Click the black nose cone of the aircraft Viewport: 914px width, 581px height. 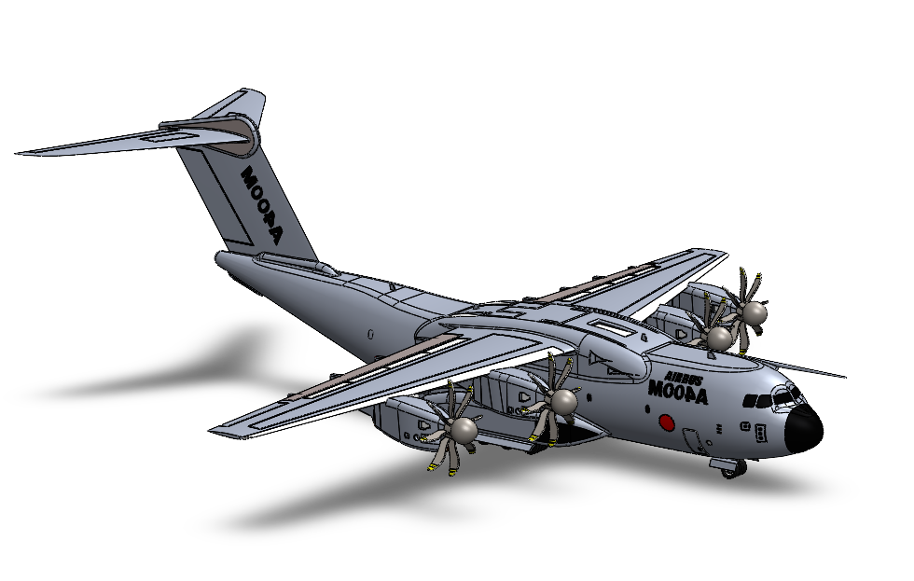803,430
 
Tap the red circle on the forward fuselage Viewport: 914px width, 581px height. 667,422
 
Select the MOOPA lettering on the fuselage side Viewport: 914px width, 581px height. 678,393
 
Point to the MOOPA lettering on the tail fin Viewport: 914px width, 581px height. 262,205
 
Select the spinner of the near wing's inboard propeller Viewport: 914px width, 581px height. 563,402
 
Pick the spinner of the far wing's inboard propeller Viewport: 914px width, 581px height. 719,338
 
